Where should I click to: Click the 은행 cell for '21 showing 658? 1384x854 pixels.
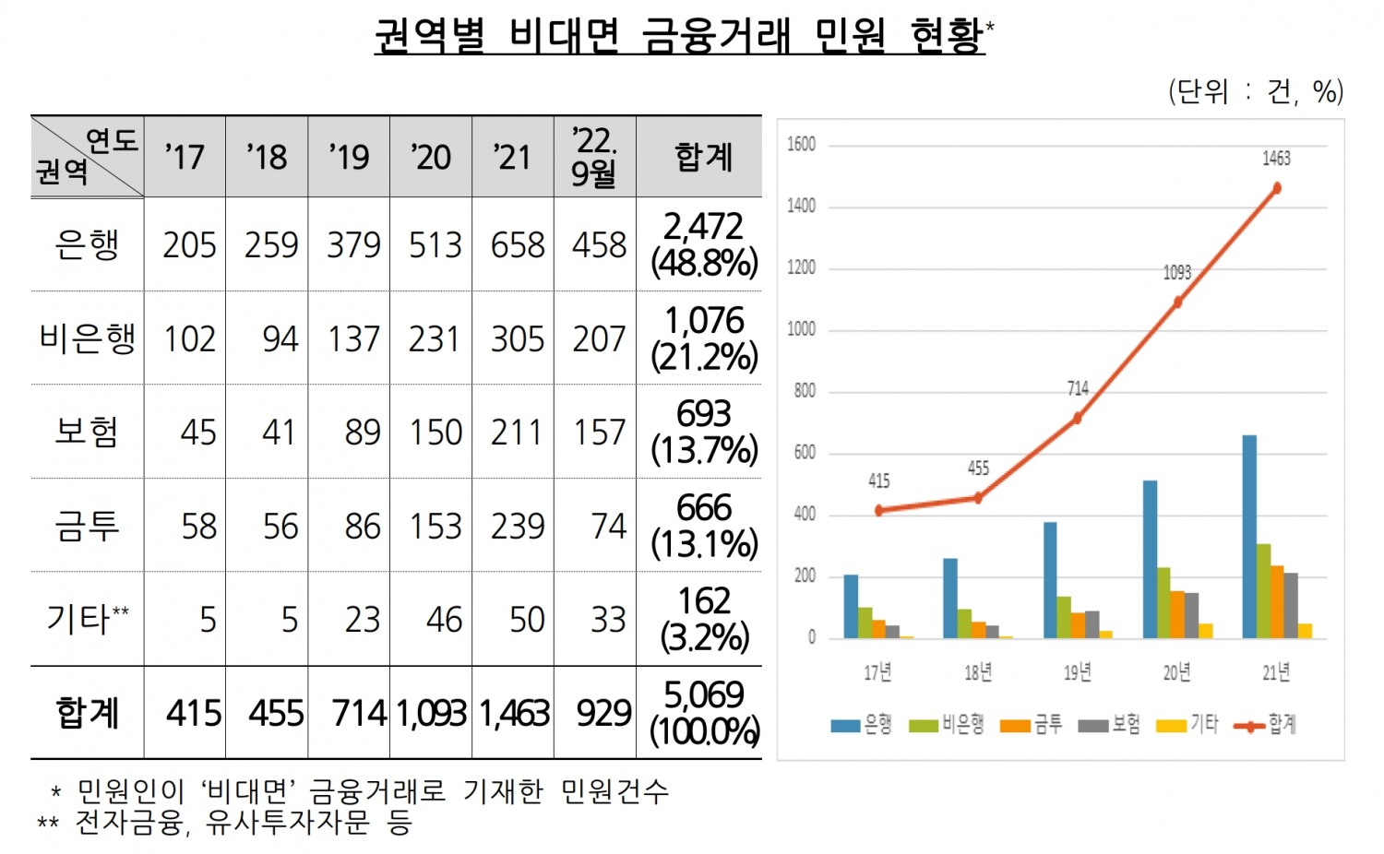point(517,245)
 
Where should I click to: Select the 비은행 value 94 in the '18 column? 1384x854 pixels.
point(280,339)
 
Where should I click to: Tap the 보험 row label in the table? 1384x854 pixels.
point(87,432)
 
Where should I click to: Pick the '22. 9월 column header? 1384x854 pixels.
point(594,157)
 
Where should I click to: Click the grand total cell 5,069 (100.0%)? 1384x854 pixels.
point(703,713)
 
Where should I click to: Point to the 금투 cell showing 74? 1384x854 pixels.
point(608,527)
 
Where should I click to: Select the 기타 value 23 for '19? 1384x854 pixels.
point(362,620)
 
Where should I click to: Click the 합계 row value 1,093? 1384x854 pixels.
point(431,714)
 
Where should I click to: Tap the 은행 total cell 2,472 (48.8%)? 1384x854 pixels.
point(703,245)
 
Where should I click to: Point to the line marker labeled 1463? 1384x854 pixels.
point(1277,188)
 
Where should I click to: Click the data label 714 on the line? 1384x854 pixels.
point(1078,389)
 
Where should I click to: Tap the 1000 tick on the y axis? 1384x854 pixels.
point(801,329)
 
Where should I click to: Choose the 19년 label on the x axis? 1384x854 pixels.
point(1077,672)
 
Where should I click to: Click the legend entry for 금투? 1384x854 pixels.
point(1032,725)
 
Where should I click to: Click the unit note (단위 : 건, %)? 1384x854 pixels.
point(1256,91)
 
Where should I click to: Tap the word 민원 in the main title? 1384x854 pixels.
point(850,37)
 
